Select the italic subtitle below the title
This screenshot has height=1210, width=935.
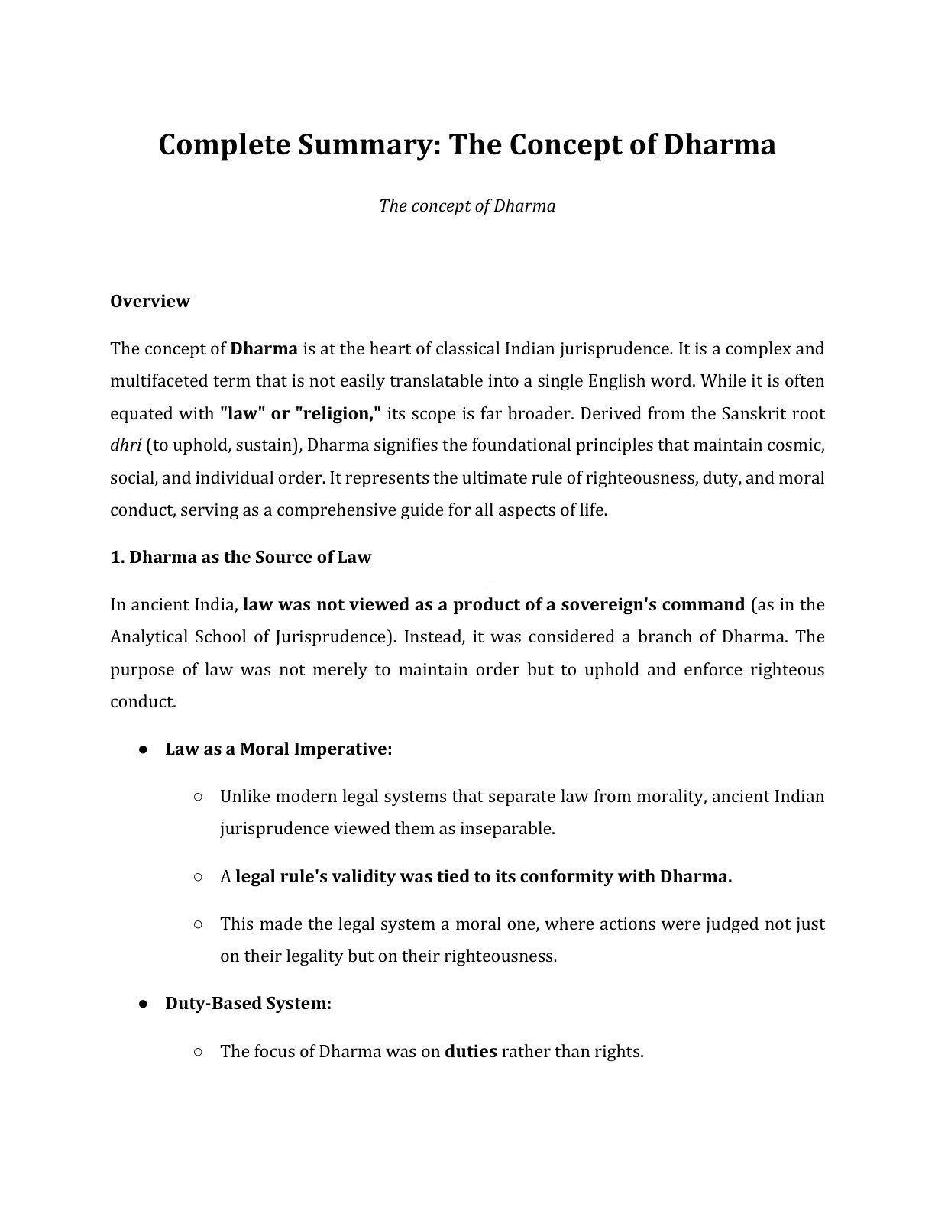point(467,206)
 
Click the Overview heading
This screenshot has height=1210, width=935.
point(150,301)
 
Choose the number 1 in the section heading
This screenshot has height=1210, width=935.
point(116,557)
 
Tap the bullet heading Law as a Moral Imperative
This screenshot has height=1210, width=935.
point(278,749)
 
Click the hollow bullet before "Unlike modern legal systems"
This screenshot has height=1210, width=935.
point(198,796)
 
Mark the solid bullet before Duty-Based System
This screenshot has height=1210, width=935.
point(143,1004)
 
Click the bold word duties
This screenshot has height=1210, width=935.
point(471,1051)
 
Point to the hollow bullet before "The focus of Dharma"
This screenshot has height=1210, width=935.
point(198,1051)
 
